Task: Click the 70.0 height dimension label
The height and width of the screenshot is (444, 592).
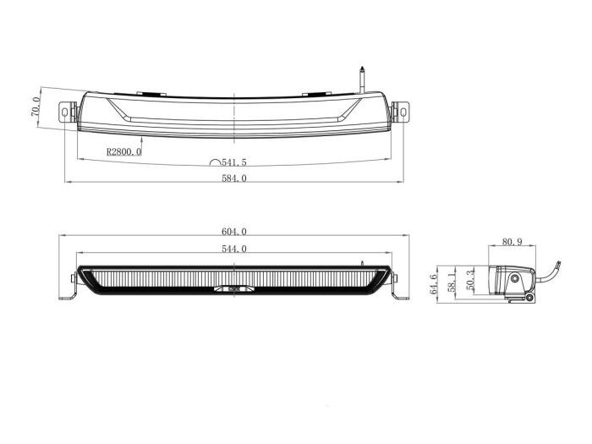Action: [35, 107]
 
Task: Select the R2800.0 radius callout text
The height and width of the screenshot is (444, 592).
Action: [123, 152]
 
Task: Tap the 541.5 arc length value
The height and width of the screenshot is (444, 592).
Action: [234, 162]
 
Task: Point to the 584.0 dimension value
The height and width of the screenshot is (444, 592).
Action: [234, 178]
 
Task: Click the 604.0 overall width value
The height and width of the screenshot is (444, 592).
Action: [234, 232]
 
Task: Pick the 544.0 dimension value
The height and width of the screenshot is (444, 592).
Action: [234, 249]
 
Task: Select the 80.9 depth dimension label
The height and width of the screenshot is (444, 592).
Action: [512, 242]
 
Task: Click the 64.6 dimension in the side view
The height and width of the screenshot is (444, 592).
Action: [433, 284]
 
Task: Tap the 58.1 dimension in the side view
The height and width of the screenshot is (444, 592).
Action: [452, 282]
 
